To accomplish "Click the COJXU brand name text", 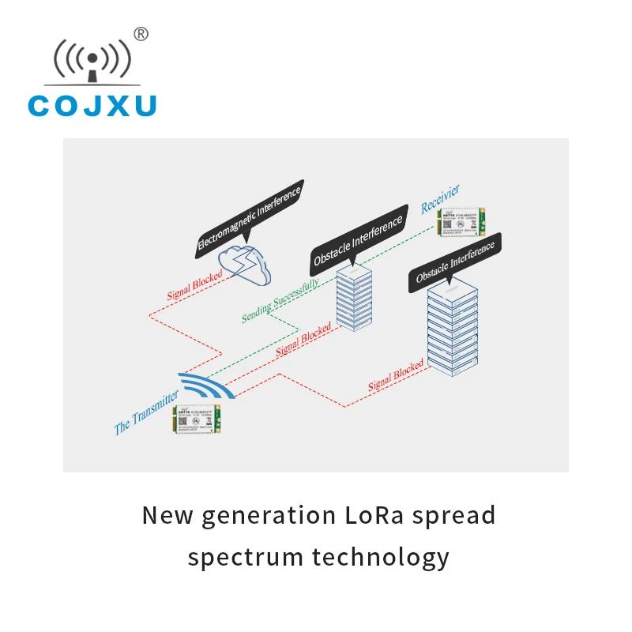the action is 92,105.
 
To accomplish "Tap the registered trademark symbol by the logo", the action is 141,33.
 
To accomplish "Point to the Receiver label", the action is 439,199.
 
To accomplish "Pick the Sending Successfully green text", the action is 280,300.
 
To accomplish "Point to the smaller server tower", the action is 354,296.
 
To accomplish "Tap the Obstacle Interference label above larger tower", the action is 455,263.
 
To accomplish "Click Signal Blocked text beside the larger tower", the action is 396,377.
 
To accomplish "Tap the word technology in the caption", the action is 381,558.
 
